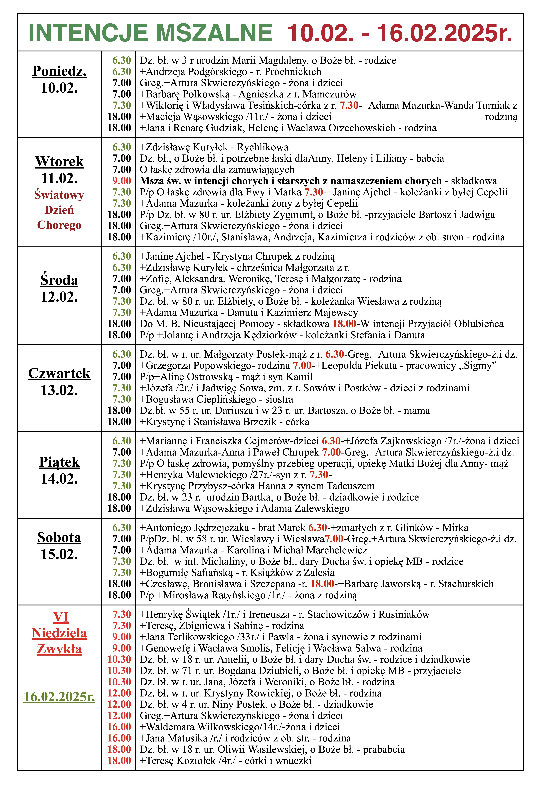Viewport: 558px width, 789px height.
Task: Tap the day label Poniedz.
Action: click(x=59, y=71)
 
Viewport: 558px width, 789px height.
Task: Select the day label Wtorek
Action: click(x=59, y=161)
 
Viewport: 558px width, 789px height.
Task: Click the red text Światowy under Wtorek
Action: click(x=59, y=195)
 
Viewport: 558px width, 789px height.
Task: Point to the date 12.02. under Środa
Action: click(x=59, y=297)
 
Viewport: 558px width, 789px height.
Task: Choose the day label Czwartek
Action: click(x=59, y=374)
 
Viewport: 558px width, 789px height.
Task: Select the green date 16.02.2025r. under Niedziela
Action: click(x=59, y=697)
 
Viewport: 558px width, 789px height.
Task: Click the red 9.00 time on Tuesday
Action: click(x=122, y=181)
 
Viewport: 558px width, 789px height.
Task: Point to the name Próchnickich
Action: click(x=293, y=72)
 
